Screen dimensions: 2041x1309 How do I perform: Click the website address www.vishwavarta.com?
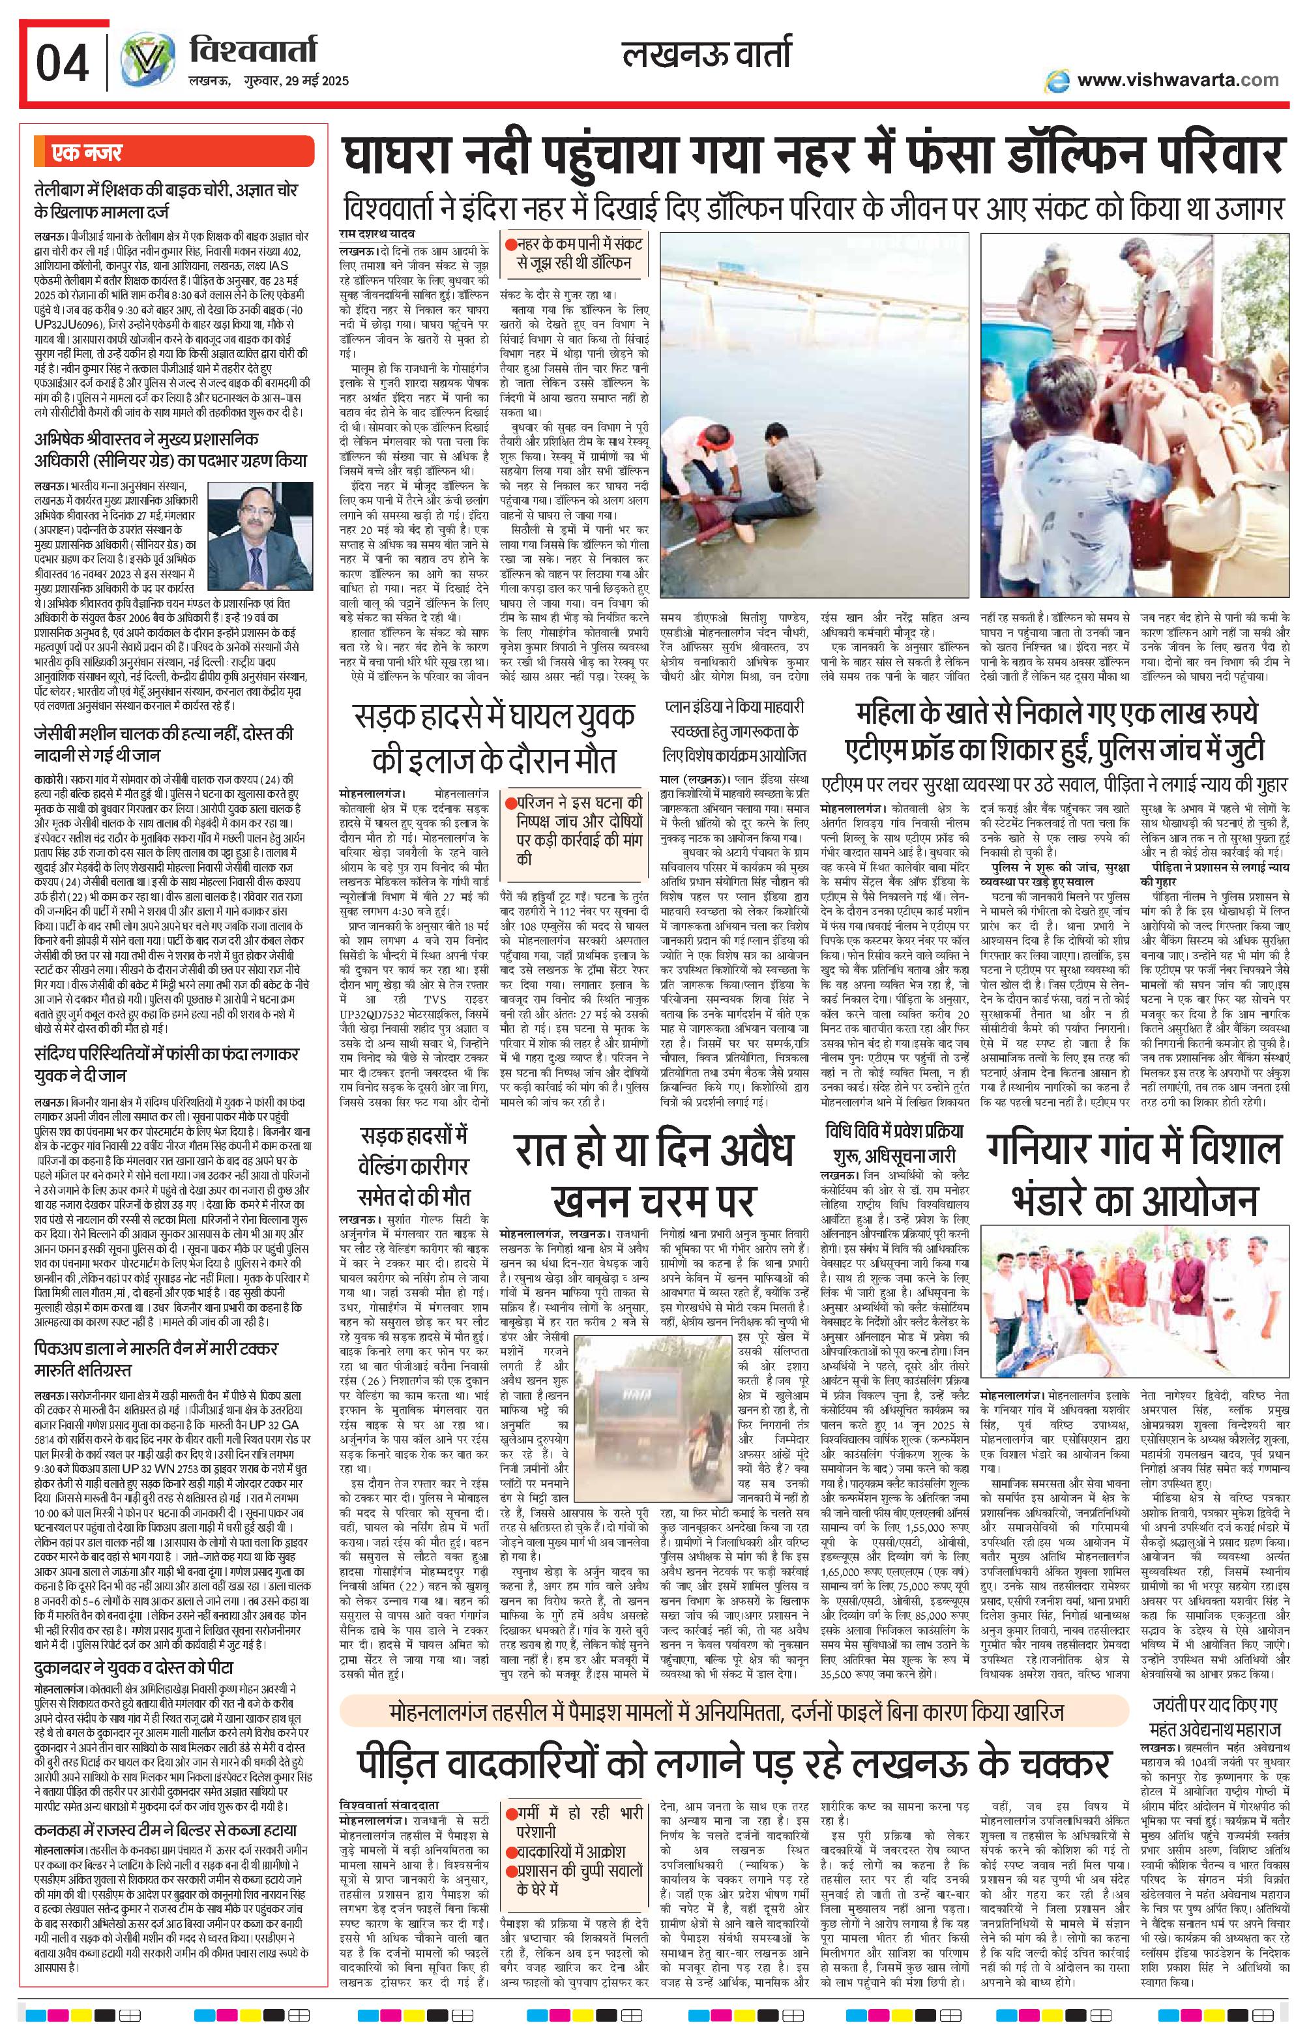click(1177, 80)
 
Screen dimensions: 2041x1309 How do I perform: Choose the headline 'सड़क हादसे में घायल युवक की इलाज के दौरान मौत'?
click(493, 736)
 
